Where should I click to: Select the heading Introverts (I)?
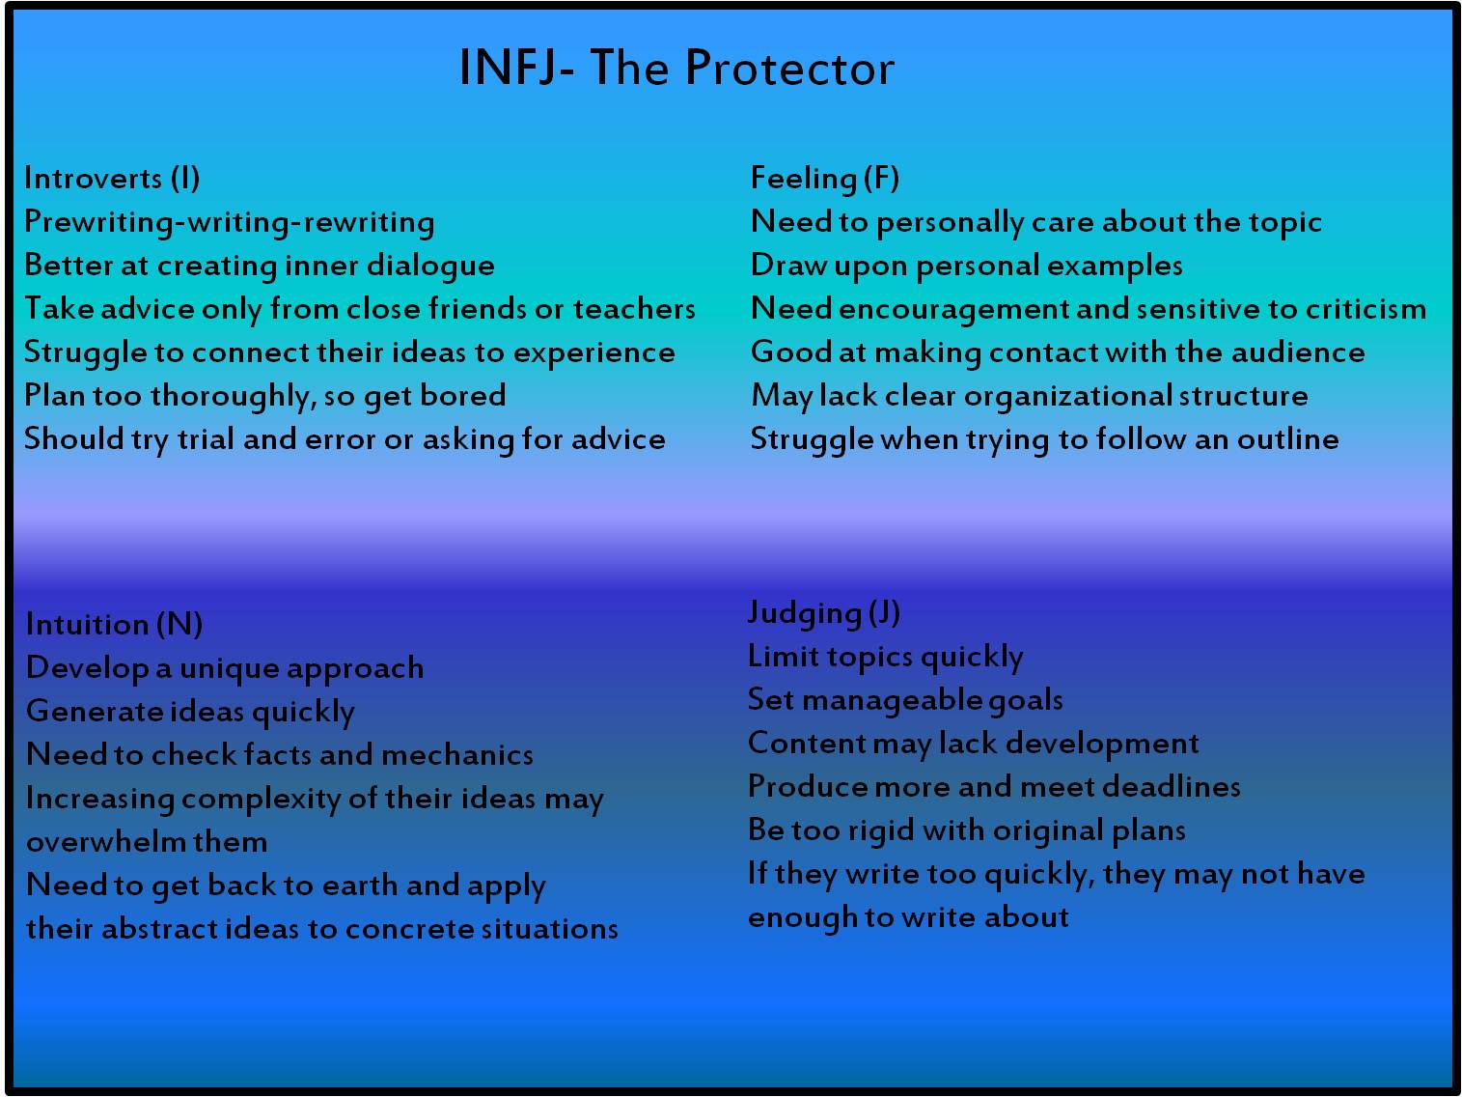point(112,179)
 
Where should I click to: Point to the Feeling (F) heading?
point(824,179)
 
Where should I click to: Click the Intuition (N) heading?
point(114,625)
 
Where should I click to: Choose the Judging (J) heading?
point(823,613)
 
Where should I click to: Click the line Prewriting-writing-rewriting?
point(229,222)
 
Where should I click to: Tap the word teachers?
point(634,309)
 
